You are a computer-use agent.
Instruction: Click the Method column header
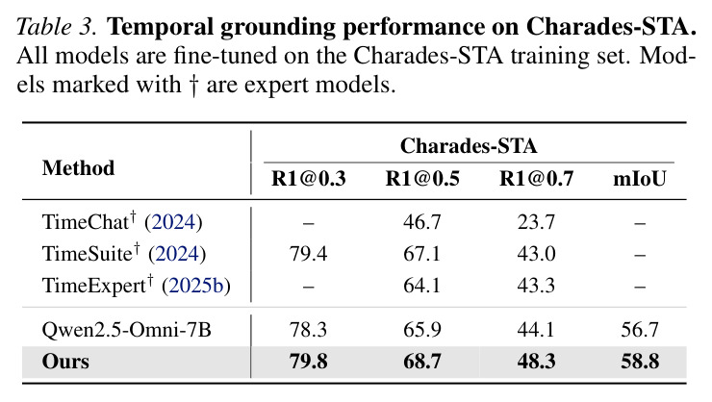[x=78, y=168]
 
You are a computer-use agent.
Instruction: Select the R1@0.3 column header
[x=308, y=179]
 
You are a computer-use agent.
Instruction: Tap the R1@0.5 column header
[x=422, y=179]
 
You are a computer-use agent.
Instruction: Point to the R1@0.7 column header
[x=536, y=179]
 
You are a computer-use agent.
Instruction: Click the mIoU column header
[x=640, y=179]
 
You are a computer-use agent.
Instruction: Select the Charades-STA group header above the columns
[x=469, y=146]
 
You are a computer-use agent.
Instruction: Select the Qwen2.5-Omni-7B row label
[x=127, y=330]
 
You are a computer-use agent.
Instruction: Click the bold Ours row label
[x=65, y=362]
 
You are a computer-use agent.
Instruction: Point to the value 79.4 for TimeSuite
[x=308, y=254]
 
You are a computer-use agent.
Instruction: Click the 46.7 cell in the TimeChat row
[x=422, y=222]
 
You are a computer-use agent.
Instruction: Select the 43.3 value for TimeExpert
[x=536, y=286]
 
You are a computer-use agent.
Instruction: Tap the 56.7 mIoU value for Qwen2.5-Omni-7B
[x=640, y=330]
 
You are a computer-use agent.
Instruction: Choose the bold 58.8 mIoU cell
[x=640, y=362]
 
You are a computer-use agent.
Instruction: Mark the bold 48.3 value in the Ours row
[x=536, y=362]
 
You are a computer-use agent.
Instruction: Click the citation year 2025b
[x=196, y=286]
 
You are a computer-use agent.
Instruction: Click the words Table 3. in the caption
[x=57, y=27]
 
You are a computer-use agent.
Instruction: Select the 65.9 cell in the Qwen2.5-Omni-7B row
[x=422, y=330]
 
